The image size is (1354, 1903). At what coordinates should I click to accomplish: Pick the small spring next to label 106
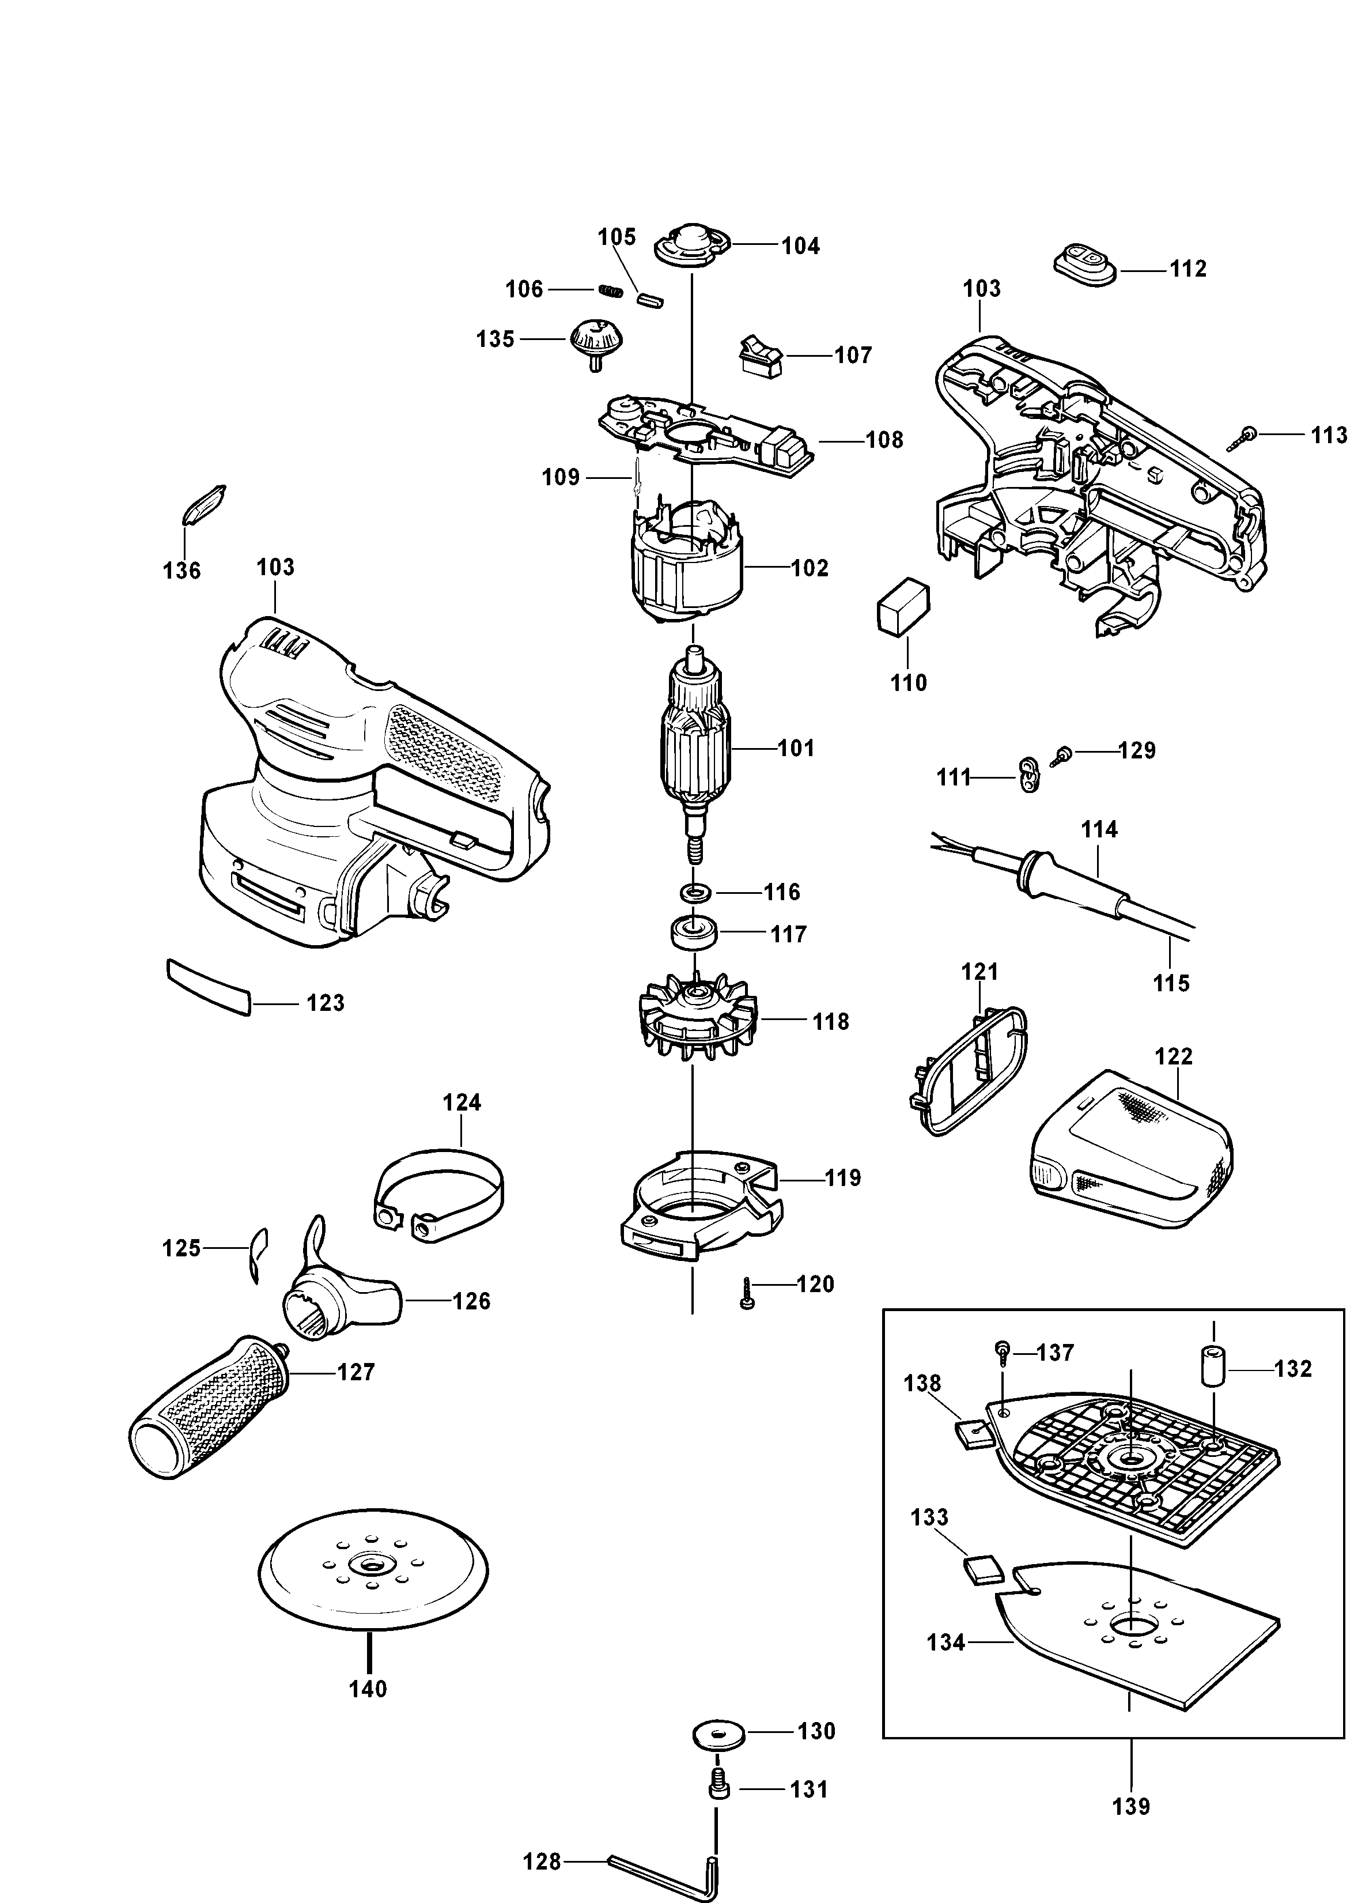pos(611,291)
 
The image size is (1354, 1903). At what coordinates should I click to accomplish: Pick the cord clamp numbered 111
pos(1030,776)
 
